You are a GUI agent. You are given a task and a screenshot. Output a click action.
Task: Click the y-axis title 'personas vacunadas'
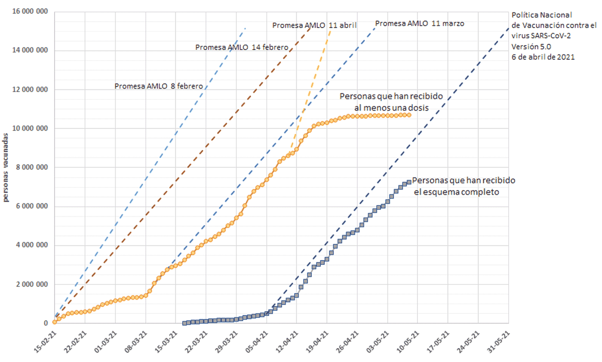pyautogui.click(x=7, y=168)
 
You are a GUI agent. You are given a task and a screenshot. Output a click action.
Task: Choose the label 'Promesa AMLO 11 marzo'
pyautogui.click(x=420, y=24)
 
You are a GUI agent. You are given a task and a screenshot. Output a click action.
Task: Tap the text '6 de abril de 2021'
pyautogui.click(x=543, y=57)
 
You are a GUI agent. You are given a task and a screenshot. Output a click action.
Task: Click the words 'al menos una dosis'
pyautogui.click(x=391, y=107)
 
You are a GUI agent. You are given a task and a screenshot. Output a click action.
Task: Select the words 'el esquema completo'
pyautogui.click(x=456, y=192)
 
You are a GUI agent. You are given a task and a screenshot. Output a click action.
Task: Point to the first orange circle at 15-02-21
pyautogui.click(x=55, y=322)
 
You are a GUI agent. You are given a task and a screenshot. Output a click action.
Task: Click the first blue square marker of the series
pyautogui.click(x=185, y=323)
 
